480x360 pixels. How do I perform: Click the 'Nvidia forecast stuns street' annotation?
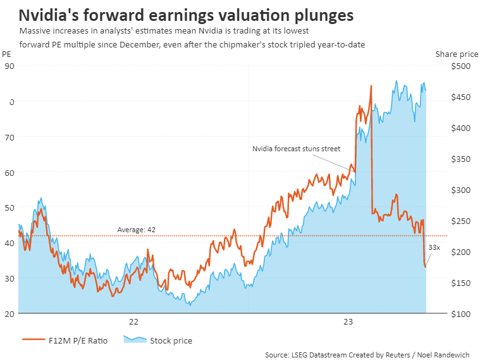(x=296, y=149)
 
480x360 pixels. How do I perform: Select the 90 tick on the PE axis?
(x=9, y=65)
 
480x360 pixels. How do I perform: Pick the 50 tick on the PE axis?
(x=9, y=207)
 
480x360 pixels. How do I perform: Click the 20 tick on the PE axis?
(x=9, y=313)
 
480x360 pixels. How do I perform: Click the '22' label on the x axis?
(x=133, y=321)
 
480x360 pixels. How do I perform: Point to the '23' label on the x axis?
(x=348, y=321)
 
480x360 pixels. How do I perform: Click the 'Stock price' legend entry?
(x=171, y=340)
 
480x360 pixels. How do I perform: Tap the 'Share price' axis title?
(x=452, y=54)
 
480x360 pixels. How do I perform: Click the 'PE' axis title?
(x=7, y=54)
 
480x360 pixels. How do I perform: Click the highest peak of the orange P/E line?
(x=371, y=85)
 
